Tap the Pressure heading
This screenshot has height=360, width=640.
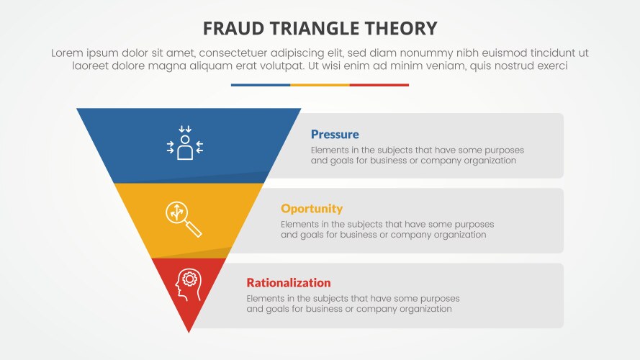[x=335, y=135]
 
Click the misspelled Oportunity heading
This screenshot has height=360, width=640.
[x=312, y=209]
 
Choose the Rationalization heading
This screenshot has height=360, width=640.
[x=289, y=283]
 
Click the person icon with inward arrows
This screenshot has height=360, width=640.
[x=185, y=143]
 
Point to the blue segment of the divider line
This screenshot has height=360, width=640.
[x=261, y=85]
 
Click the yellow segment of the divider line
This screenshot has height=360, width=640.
[x=320, y=85]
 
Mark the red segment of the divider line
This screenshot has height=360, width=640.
[x=379, y=85]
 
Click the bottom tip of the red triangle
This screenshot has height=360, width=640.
[x=189, y=331]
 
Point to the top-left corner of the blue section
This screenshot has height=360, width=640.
[x=78, y=109]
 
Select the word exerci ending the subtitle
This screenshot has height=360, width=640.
[x=551, y=66]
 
